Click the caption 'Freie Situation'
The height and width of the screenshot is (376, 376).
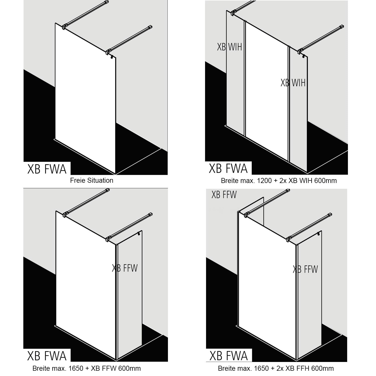pyautogui.click(x=91, y=180)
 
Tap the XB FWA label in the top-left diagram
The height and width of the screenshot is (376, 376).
pyautogui.click(x=47, y=169)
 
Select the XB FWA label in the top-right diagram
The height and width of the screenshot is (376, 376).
pyautogui.click(x=228, y=168)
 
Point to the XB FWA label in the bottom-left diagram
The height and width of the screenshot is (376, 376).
pyautogui.click(x=47, y=356)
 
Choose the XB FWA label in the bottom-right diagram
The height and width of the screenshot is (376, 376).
pyautogui.click(x=229, y=356)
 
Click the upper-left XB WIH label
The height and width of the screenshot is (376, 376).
pyautogui.click(x=229, y=47)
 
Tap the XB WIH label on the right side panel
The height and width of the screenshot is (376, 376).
pyautogui.click(x=293, y=83)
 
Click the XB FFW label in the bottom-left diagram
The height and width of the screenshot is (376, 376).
pyautogui.click(x=125, y=268)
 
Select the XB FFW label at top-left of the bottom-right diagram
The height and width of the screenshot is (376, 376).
pyautogui.click(x=224, y=195)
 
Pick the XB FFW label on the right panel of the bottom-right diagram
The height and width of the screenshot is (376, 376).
pyautogui.click(x=305, y=269)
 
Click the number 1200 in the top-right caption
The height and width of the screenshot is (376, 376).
pyautogui.click(x=263, y=180)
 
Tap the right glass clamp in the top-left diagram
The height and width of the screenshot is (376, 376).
pyautogui.click(x=108, y=53)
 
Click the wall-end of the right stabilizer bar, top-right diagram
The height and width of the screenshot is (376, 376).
pyautogui.click(x=341, y=27)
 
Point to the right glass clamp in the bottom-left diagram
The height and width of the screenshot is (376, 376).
pyautogui.click(x=108, y=239)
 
